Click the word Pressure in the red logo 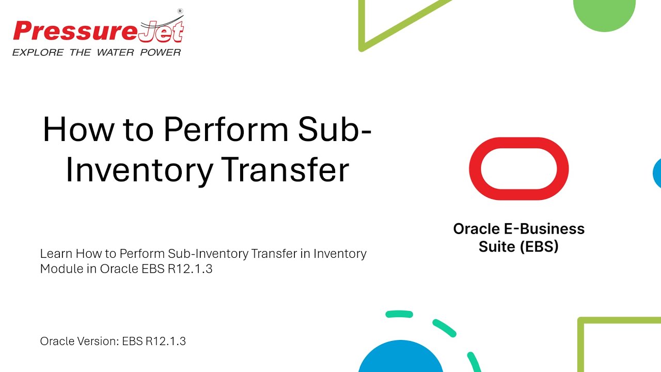pos(75,32)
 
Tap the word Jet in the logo pos(161,32)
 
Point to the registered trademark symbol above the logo pos(180,11)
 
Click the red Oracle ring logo pos(518,168)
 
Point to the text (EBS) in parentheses pos(539,246)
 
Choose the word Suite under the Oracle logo pos(497,246)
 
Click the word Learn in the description pos(56,254)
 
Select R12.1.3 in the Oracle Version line pos(165,341)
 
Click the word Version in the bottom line pos(97,341)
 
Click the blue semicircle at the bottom pos(401,359)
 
